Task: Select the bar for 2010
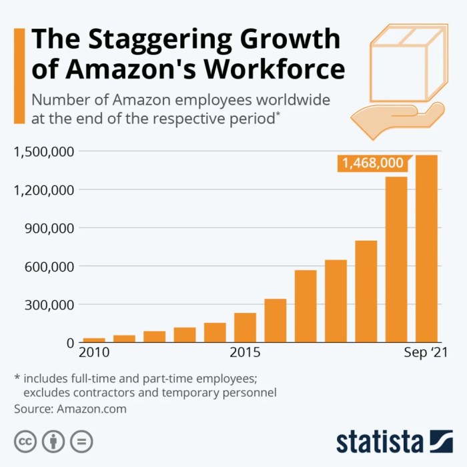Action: point(94,340)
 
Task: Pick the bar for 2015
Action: point(245,328)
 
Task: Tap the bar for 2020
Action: point(396,260)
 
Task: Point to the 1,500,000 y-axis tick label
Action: point(43,151)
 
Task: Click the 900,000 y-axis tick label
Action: point(48,228)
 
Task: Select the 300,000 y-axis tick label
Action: point(48,305)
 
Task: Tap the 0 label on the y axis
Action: point(69,343)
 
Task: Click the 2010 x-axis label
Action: point(94,352)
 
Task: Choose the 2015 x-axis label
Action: point(245,352)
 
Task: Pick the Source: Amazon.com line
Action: point(70,408)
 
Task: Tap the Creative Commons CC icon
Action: point(25,441)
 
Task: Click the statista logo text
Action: point(380,442)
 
